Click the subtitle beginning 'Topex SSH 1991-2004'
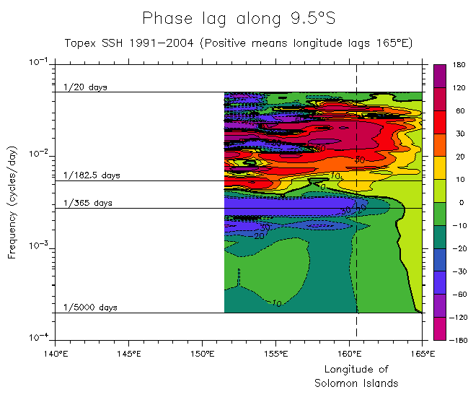[x=238, y=43]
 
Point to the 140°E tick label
[x=55, y=354]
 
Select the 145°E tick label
[x=128, y=354]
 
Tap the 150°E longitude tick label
[x=202, y=354]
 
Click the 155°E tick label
[x=275, y=354]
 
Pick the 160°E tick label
[x=349, y=354]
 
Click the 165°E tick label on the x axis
[x=422, y=354]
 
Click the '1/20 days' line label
[x=85, y=87]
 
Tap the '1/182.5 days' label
[x=92, y=175]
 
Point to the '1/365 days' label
[x=88, y=203]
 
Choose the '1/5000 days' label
[x=90, y=308]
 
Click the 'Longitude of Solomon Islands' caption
[x=356, y=376]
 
